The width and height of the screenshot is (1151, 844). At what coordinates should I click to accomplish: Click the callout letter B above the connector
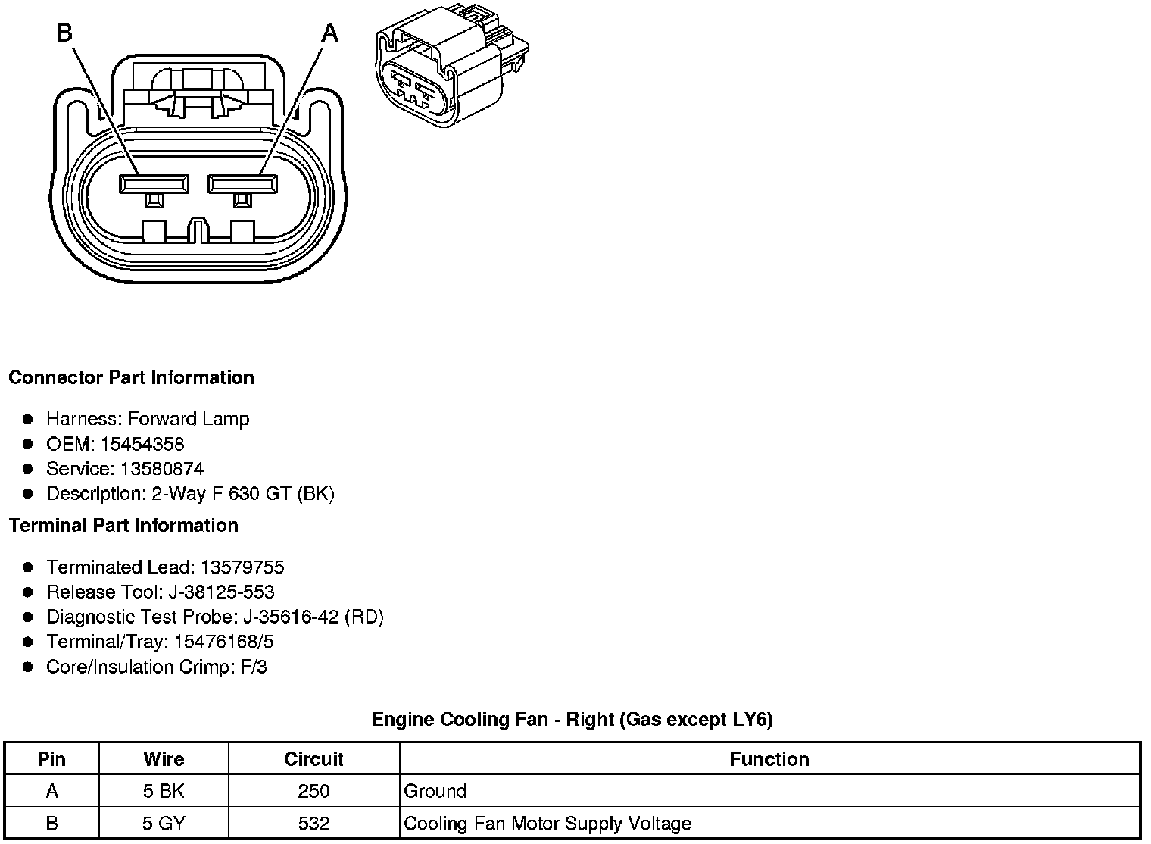pyautogui.click(x=65, y=33)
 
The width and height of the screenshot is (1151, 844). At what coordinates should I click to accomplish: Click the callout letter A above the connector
pyautogui.click(x=329, y=33)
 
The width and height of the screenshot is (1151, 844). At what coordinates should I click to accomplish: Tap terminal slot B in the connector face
pyautogui.click(x=154, y=184)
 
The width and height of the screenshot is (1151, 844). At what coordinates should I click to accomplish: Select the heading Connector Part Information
pyautogui.click(x=131, y=377)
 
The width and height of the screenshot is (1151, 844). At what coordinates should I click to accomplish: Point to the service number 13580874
pyautogui.click(x=162, y=469)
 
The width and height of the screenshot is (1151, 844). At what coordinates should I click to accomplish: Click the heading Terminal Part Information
pyautogui.click(x=123, y=525)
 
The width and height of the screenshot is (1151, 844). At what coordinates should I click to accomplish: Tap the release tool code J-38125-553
pyautogui.click(x=223, y=592)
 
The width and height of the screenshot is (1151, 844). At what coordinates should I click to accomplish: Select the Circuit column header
pyautogui.click(x=313, y=759)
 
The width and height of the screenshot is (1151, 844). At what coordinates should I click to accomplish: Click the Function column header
pyautogui.click(x=769, y=759)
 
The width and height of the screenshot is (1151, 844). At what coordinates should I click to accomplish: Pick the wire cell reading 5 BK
pyautogui.click(x=164, y=791)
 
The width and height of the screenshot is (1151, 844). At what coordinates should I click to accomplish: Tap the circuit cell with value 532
pyautogui.click(x=313, y=823)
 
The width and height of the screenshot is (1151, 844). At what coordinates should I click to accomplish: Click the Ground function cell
pyautogui.click(x=435, y=791)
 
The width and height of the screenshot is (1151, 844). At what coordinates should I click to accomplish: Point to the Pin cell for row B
pyautogui.click(x=51, y=823)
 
